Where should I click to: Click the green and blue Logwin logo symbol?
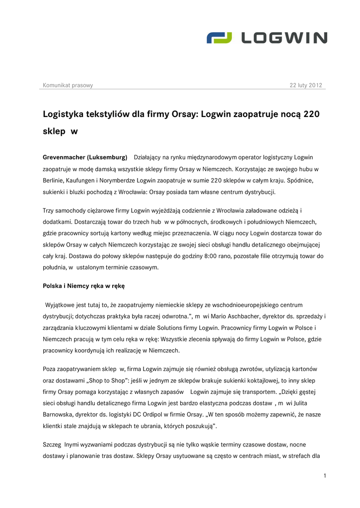click(x=219, y=38)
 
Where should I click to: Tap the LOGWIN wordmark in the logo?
click(x=284, y=38)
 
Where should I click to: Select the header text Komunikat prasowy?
click(x=68, y=85)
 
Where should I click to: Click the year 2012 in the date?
click(x=315, y=85)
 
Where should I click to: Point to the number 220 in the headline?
click(x=311, y=114)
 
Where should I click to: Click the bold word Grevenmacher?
click(x=64, y=158)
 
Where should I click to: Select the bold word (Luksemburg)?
click(x=107, y=158)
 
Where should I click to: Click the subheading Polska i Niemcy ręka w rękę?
click(x=83, y=286)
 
